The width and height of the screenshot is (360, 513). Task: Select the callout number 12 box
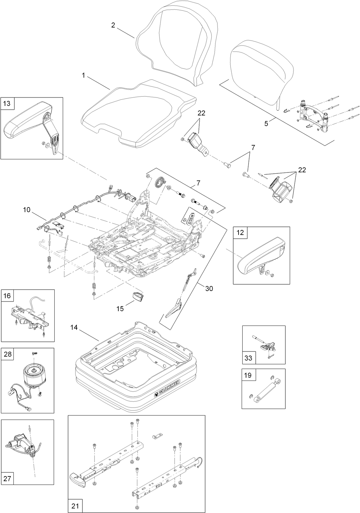[x=240, y=233]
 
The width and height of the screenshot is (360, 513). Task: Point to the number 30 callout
[x=209, y=289]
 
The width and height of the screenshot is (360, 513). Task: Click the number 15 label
[x=120, y=309]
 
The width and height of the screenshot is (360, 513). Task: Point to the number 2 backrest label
[x=113, y=25]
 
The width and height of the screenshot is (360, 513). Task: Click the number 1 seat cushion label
[x=83, y=75]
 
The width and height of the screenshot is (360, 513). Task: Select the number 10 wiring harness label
[x=27, y=210]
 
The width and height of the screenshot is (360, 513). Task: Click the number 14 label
[x=74, y=328]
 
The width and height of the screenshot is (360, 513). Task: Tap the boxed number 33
[x=248, y=358]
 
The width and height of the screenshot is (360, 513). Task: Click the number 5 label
[x=266, y=123]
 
